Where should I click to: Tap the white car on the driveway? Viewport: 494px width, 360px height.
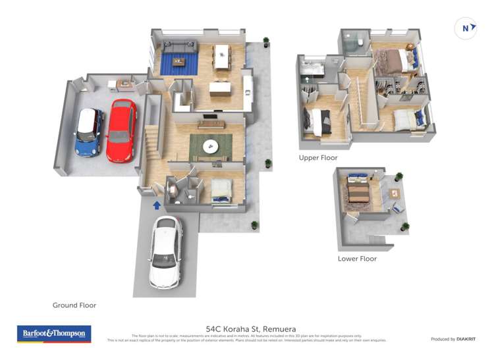[x=165, y=252]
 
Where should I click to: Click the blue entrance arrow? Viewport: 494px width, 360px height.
[x=157, y=205]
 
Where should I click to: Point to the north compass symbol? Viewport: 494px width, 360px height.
[x=466, y=28]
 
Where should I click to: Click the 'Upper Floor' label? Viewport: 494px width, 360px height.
[x=318, y=158]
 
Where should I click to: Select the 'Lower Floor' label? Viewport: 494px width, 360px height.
[x=357, y=259]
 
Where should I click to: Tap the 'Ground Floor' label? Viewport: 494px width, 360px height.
[x=74, y=305]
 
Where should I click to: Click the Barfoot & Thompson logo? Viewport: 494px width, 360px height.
[x=54, y=334]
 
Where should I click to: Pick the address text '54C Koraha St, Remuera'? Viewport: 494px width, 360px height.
[x=250, y=328]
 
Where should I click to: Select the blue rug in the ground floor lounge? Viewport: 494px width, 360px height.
[x=179, y=63]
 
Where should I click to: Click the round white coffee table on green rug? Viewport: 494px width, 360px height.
[x=211, y=147]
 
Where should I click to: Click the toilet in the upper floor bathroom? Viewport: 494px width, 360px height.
[x=361, y=43]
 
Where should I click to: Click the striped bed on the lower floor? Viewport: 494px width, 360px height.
[x=359, y=192]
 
